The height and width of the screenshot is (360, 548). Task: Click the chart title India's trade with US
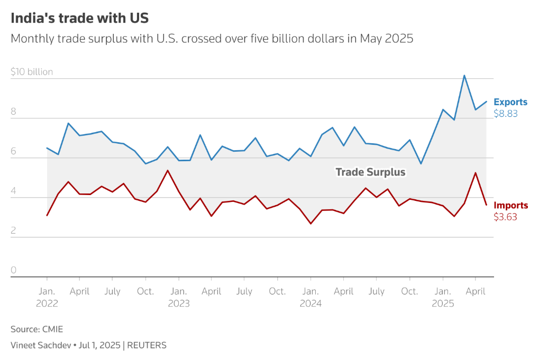(x=80, y=18)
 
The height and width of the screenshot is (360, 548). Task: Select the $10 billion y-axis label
(x=32, y=72)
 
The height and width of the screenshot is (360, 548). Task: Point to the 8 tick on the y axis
(x=13, y=112)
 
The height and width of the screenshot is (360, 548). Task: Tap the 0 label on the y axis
(x=13, y=270)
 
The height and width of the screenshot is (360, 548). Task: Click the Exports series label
(x=510, y=102)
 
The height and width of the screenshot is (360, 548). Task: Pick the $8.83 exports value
(x=505, y=113)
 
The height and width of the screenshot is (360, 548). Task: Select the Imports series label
(x=510, y=205)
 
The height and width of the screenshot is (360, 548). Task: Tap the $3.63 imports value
(x=505, y=216)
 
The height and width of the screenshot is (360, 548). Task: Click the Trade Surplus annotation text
(x=370, y=172)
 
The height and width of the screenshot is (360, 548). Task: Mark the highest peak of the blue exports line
(x=464, y=76)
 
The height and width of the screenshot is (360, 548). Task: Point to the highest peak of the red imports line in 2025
(x=475, y=173)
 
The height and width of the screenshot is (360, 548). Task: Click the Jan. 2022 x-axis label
(x=47, y=297)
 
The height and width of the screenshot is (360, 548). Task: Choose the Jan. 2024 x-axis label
(x=310, y=297)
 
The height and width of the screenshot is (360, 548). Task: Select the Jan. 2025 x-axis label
(x=443, y=297)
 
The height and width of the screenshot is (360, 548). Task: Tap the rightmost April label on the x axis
(x=475, y=291)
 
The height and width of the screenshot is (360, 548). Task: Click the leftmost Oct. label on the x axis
(x=145, y=291)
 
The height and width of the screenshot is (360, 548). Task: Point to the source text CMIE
(x=52, y=329)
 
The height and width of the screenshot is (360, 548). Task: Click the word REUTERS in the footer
(x=147, y=345)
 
